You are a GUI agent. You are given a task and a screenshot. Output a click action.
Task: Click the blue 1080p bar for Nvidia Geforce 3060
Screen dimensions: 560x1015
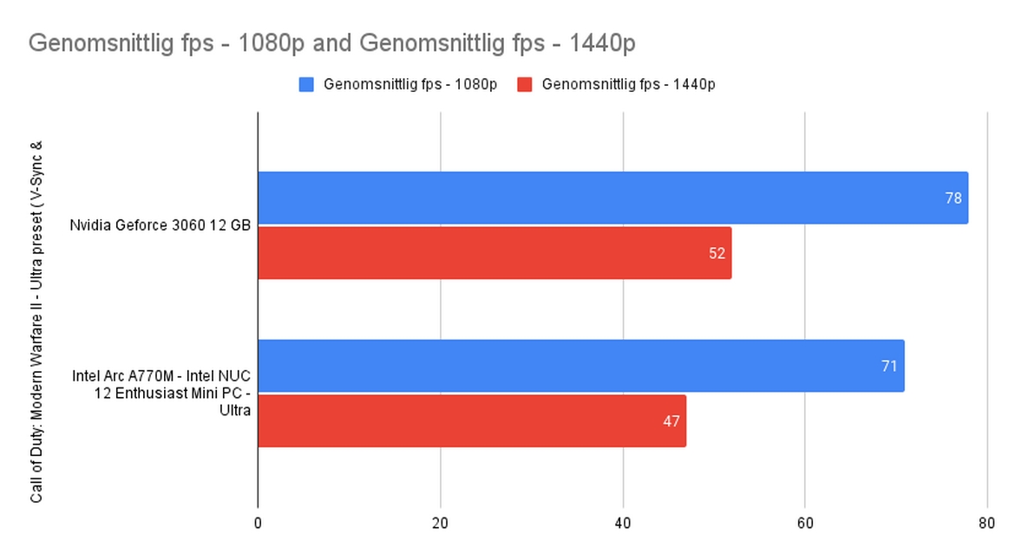[x=607, y=198]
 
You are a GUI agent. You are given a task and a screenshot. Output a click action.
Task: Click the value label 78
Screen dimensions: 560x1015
[x=953, y=199]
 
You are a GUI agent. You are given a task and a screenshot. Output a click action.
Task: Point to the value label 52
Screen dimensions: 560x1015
[x=716, y=254]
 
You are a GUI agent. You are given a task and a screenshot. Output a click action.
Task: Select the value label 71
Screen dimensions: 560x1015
[x=889, y=367]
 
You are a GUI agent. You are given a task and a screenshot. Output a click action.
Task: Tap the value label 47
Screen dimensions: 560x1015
[x=671, y=422]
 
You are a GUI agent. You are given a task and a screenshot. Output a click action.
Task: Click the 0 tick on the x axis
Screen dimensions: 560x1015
[x=258, y=524]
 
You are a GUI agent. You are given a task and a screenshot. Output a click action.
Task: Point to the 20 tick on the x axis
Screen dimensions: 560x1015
[x=441, y=524]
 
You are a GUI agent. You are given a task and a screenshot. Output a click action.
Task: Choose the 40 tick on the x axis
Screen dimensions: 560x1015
[x=623, y=524]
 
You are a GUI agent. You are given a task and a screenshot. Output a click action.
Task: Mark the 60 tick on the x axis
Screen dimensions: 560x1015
[x=805, y=524]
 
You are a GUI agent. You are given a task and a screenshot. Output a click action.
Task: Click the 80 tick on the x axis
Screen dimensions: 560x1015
[x=986, y=524]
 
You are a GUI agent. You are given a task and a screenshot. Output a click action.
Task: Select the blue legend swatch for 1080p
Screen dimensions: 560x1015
[x=306, y=84]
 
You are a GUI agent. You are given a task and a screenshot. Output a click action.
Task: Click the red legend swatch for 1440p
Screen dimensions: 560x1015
[x=524, y=84]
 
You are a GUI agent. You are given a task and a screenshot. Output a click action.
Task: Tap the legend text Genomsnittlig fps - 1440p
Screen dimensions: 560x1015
[x=628, y=84]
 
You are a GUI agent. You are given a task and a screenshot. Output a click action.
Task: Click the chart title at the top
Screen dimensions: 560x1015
[x=332, y=42]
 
